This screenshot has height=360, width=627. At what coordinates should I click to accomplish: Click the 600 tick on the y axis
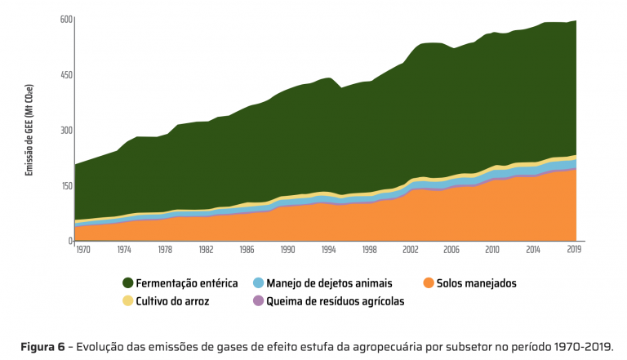(x=66, y=19)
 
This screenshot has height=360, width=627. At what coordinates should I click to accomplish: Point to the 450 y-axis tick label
(x=66, y=74)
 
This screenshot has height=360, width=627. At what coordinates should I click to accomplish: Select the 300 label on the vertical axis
(x=66, y=130)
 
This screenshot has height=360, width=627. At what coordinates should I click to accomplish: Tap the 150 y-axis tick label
(x=66, y=185)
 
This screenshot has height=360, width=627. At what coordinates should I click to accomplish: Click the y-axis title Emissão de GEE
(x=29, y=131)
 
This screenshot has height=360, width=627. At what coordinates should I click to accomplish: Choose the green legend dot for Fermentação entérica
(x=128, y=283)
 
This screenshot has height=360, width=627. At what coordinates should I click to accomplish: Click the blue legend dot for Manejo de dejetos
(x=259, y=283)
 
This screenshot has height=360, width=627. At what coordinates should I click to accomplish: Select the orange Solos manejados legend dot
(x=429, y=283)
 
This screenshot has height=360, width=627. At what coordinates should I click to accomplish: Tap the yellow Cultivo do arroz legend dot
(x=128, y=301)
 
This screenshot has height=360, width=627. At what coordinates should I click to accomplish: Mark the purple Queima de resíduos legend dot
(x=259, y=301)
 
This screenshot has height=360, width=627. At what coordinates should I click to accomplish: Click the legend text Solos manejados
(x=477, y=283)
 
